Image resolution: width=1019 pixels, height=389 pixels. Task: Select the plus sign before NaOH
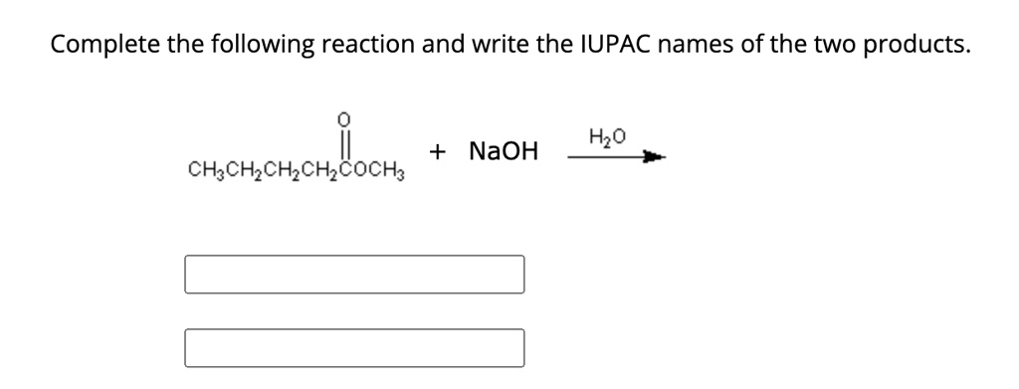pyautogui.click(x=438, y=151)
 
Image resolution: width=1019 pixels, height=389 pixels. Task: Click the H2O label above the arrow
pyautogui.click(x=607, y=136)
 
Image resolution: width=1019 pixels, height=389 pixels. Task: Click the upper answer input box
pyautogui.click(x=354, y=275)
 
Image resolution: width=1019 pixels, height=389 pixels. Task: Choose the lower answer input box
pyautogui.click(x=354, y=347)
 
